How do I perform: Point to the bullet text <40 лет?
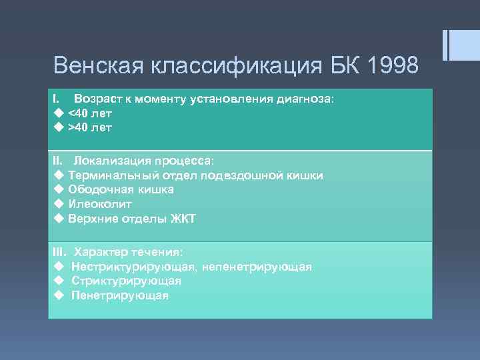pyautogui.click(x=90, y=113)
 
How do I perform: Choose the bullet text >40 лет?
pyautogui.click(x=90, y=127)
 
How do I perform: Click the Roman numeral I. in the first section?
pyautogui.click(x=57, y=99)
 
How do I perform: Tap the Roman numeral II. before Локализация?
pyautogui.click(x=58, y=161)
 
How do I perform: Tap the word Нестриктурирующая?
pyautogui.click(x=133, y=267)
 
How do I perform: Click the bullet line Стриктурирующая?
pyautogui.click(x=126, y=281)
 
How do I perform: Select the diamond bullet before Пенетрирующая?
pyautogui.click(x=58, y=295)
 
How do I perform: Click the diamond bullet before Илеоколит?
pyautogui.click(x=58, y=204)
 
